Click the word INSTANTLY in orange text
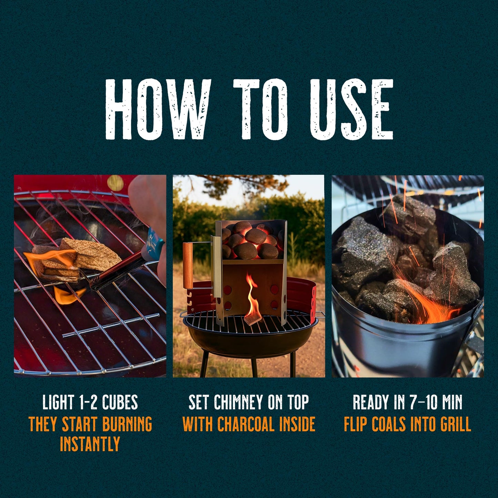coord(90,444)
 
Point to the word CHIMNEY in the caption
coord(235,402)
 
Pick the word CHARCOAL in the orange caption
coord(246,424)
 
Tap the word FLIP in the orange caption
coord(356,424)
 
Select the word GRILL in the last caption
coord(454,424)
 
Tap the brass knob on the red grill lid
coord(116,183)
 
